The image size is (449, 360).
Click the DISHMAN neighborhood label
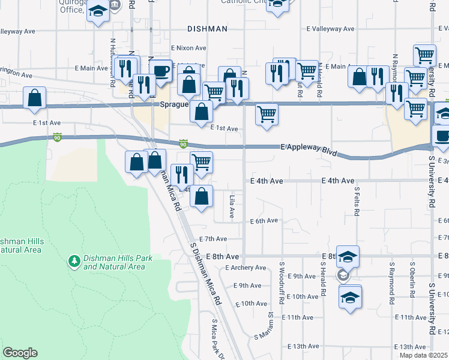point(207,28)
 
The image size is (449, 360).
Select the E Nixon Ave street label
point(188,48)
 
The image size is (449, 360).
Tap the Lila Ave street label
point(232,206)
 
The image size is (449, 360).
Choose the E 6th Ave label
point(264,221)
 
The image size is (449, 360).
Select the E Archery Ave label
point(246,268)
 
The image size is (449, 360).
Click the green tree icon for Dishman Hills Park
point(74,262)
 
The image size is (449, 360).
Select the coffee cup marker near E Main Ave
point(160,71)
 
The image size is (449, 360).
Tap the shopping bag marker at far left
point(35,97)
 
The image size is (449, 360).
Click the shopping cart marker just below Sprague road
point(267,113)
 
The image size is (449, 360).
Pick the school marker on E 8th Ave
point(348,257)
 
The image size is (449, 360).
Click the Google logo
point(20,353)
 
